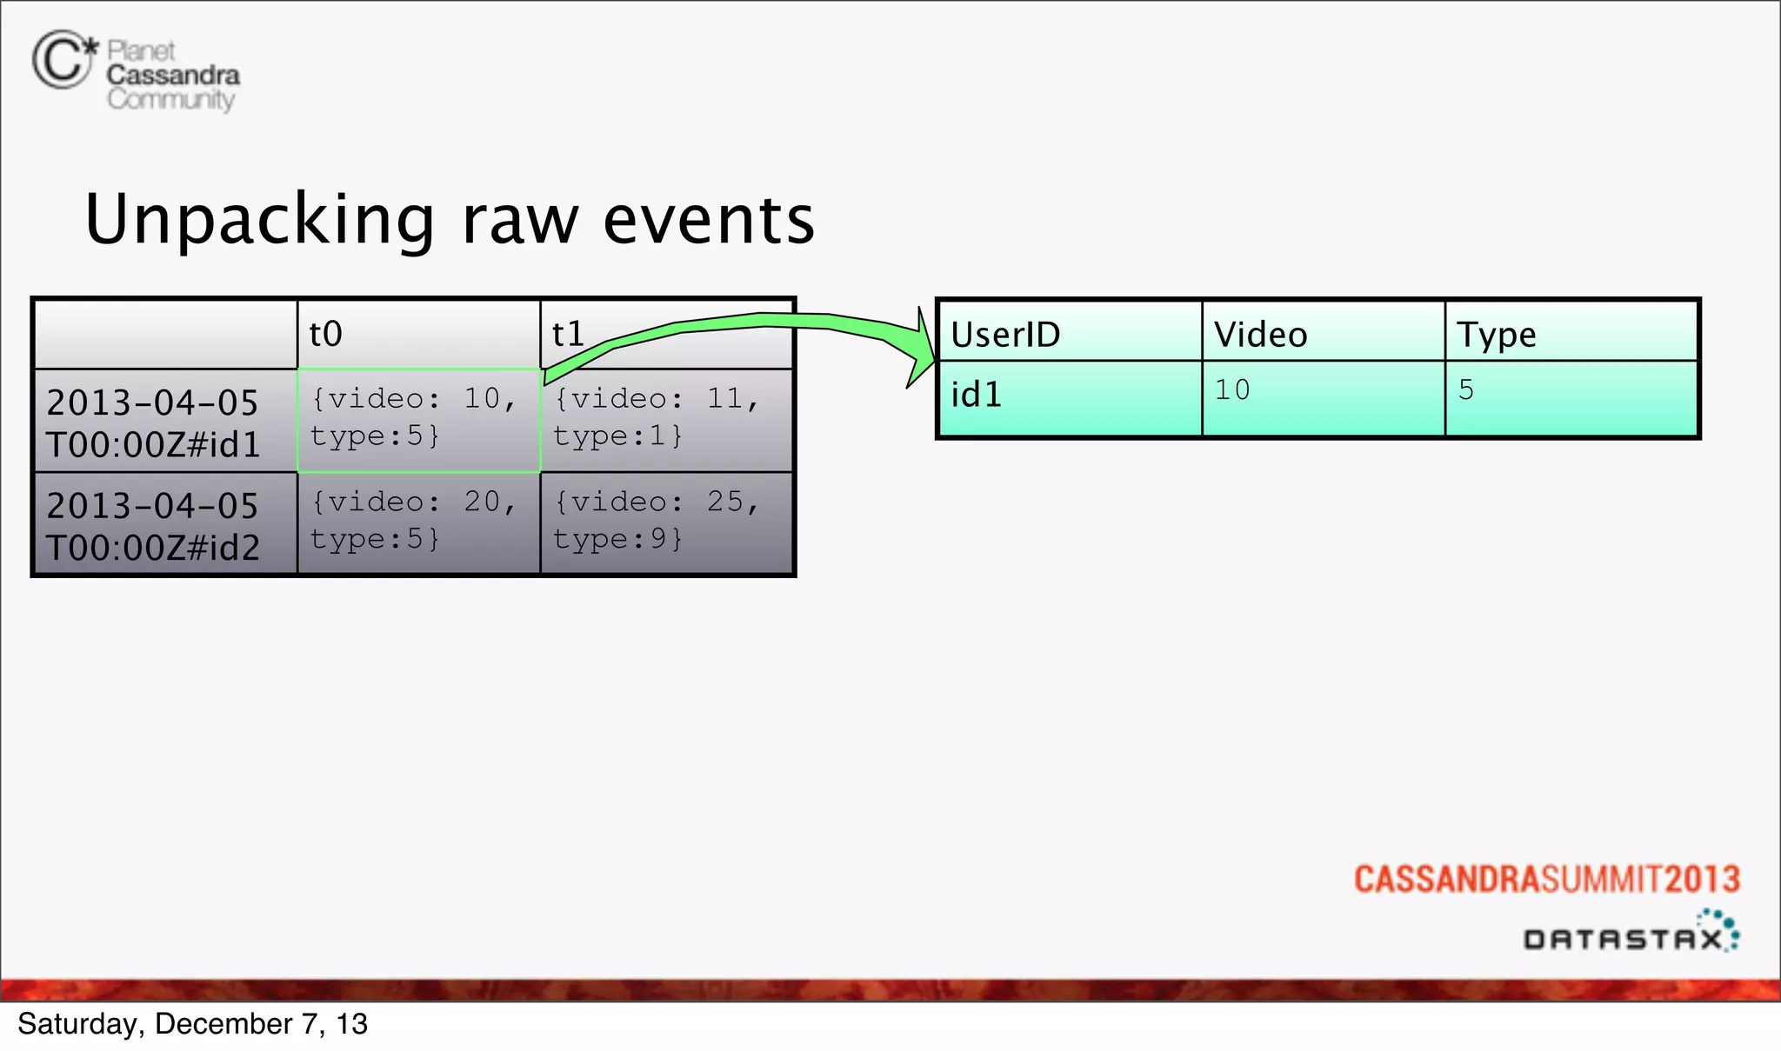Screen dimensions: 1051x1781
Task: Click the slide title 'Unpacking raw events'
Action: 450,219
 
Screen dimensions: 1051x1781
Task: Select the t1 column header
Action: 568,335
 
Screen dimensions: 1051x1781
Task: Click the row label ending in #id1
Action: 153,423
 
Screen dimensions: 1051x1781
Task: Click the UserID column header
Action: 1005,335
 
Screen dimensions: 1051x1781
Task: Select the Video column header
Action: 1260,335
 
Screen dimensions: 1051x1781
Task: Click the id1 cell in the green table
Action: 977,395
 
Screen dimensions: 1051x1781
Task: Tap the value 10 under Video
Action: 1232,389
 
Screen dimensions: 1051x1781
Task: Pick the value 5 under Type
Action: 1466,389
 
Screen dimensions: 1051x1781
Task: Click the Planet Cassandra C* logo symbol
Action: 64,59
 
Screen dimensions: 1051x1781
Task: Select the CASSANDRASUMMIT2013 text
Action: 1546,879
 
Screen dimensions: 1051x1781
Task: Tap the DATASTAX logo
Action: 1631,933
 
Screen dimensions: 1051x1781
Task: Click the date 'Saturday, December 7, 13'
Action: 192,1024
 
